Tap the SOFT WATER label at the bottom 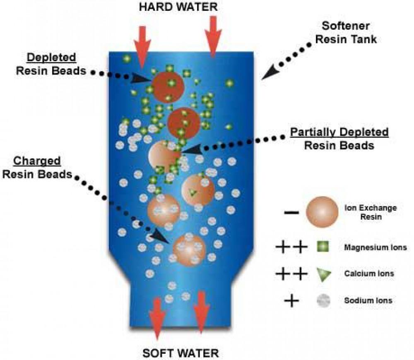pyautogui.click(x=180, y=353)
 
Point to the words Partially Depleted pyautogui.click(x=339, y=132)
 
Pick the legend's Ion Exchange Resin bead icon pyautogui.click(x=322, y=212)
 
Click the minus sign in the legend pyautogui.click(x=291, y=212)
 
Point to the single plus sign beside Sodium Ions pyautogui.click(x=292, y=301)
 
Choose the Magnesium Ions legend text pyautogui.click(x=375, y=248)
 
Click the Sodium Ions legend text pyautogui.click(x=368, y=301)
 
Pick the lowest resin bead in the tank pyautogui.click(x=189, y=250)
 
